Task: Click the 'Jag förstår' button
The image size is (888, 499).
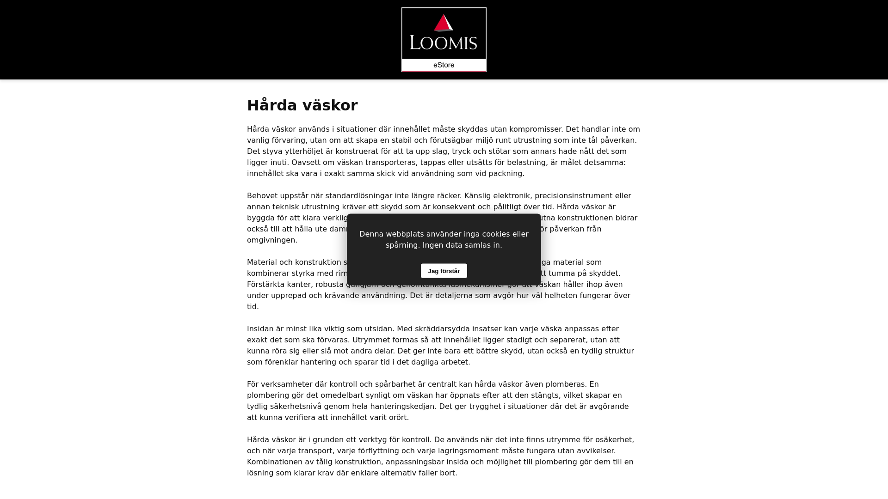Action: click(444, 271)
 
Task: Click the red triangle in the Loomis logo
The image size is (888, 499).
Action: click(443, 24)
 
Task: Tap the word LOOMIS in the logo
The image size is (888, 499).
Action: click(443, 43)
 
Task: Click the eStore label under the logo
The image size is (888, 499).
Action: click(444, 65)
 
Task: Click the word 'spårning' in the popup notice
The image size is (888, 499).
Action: click(402, 245)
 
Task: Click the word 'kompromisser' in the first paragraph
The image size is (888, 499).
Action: click(534, 129)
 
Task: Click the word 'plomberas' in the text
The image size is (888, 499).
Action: click(565, 384)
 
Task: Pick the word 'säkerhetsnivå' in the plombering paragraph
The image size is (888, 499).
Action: click(296, 407)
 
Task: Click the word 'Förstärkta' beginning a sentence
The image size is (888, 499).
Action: click(265, 285)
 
